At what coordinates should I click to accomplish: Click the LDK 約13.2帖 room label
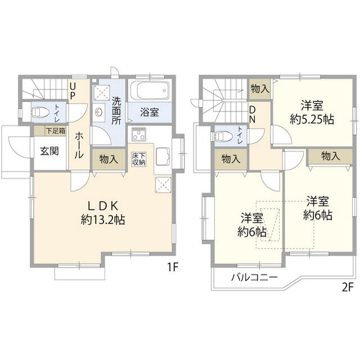102,213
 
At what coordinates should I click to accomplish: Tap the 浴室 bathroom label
150,112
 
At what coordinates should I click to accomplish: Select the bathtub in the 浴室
150,90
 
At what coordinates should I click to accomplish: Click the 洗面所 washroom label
116,111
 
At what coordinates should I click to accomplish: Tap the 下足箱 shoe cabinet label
56,131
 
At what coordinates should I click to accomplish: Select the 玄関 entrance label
49,151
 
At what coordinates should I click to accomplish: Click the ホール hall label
79,145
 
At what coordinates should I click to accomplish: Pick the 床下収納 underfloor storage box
139,159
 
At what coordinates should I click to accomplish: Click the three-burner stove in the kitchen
139,134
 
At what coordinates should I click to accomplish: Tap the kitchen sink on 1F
163,156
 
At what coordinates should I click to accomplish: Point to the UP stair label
73,91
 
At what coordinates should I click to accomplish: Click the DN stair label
252,115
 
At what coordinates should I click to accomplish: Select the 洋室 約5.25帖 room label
312,112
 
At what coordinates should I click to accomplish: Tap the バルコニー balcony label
254,277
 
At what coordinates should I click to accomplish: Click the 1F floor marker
173,267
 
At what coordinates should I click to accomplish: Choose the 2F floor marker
347,287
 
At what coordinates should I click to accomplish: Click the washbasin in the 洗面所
99,112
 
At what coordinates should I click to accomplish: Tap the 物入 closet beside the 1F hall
109,159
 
